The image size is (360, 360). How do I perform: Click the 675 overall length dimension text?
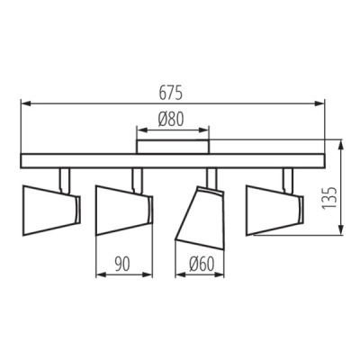click(x=170, y=93)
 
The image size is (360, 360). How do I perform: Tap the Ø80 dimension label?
click(x=171, y=120)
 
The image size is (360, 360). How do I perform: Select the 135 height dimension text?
click(x=330, y=198)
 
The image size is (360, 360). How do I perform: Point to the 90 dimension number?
click(x=122, y=265)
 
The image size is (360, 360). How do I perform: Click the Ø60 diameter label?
click(x=202, y=265)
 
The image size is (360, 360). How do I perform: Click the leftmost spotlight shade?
click(x=51, y=211)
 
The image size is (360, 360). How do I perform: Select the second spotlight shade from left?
click(x=124, y=211)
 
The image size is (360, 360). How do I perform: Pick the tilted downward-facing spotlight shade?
click(x=200, y=217)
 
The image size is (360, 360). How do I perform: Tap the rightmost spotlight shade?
click(x=274, y=211)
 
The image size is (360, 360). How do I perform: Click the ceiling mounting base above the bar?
click(x=173, y=147)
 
